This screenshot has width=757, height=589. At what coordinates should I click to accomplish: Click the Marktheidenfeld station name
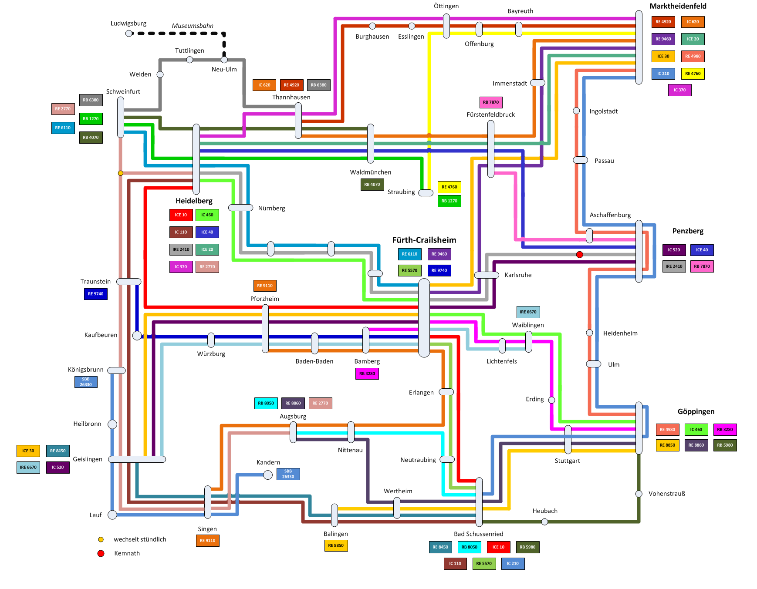(678, 6)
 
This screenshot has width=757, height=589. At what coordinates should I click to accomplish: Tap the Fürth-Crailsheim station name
(424, 240)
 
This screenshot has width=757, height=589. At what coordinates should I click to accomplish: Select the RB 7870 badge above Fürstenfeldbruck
(491, 102)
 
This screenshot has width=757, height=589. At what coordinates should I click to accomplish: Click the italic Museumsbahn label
(192, 26)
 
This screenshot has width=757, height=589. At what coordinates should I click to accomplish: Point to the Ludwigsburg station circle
(128, 34)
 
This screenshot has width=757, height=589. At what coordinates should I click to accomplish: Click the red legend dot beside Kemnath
(101, 553)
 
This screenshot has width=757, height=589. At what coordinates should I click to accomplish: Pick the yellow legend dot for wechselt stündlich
(101, 539)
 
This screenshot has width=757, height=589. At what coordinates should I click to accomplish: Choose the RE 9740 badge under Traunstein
(95, 294)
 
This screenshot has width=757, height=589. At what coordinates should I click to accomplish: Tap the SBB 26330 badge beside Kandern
(288, 474)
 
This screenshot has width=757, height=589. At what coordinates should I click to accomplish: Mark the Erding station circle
(551, 400)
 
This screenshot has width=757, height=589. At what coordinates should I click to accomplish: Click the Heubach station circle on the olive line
(544, 522)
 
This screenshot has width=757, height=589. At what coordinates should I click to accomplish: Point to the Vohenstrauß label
(666, 494)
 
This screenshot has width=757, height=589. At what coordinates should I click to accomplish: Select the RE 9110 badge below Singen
(207, 541)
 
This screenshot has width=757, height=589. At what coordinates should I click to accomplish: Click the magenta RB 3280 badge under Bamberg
(367, 374)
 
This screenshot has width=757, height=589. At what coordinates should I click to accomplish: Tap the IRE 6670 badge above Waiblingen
(528, 312)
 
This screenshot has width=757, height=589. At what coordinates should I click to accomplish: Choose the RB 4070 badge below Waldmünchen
(372, 185)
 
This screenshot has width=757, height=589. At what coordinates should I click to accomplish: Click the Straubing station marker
(426, 193)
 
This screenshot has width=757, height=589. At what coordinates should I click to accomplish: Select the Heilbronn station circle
(112, 424)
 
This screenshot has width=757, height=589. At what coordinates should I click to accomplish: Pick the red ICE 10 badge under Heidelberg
(181, 215)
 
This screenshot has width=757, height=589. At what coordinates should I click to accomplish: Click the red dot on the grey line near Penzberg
(579, 255)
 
